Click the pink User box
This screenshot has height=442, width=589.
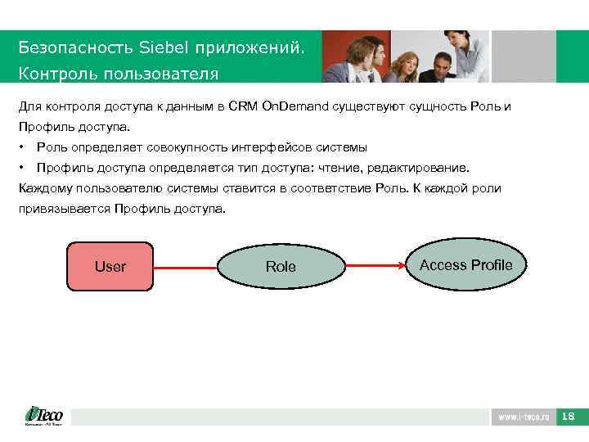click(110, 266)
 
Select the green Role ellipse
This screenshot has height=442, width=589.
click(281, 267)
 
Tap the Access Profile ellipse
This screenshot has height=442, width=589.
click(465, 264)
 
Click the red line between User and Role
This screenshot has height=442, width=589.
click(186, 267)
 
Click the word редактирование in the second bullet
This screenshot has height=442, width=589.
click(418, 168)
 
